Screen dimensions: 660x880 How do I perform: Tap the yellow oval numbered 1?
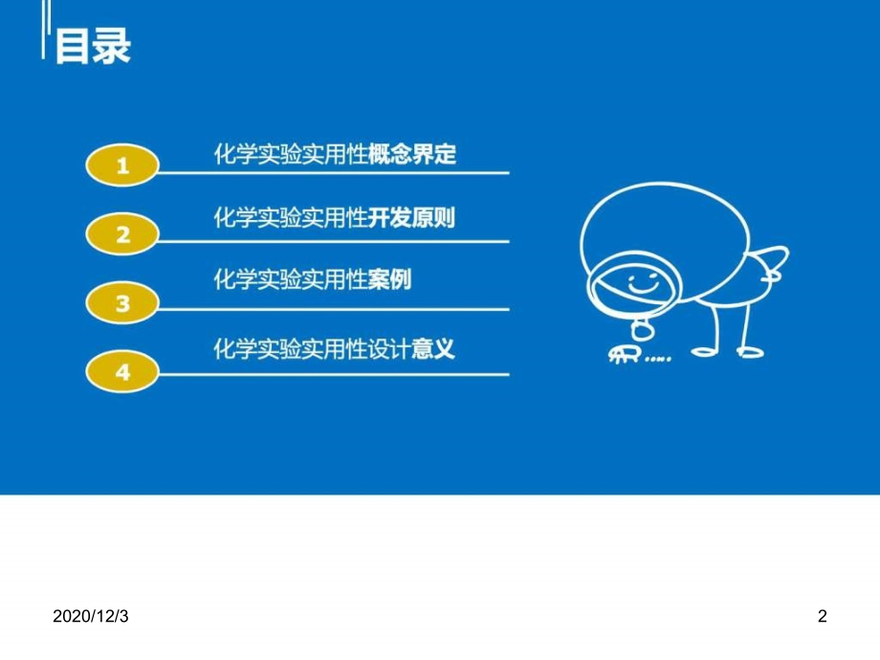click(x=121, y=166)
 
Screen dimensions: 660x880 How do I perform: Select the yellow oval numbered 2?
click(x=121, y=234)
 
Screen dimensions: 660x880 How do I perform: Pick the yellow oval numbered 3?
click(x=121, y=304)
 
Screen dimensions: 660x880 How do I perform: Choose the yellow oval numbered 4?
click(x=121, y=372)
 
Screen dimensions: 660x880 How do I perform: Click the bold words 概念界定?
click(x=413, y=154)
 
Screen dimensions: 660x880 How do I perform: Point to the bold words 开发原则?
click(x=413, y=219)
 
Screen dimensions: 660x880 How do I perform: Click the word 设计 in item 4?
click(x=391, y=347)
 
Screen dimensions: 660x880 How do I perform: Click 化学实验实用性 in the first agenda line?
click(x=292, y=154)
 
